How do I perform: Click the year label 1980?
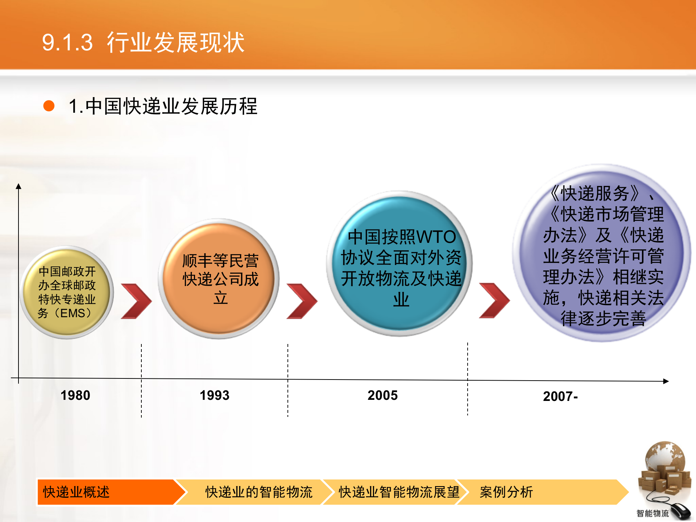75,395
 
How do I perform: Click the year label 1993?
215,395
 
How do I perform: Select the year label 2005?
382,395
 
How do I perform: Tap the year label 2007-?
560,396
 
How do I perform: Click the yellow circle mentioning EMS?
67,292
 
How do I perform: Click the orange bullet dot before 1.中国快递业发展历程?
49,106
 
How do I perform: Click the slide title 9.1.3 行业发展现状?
143,42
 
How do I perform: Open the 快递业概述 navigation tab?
105,492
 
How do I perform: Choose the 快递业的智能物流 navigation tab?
258,492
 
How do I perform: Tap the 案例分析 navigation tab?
506,492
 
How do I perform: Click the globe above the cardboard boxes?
664,457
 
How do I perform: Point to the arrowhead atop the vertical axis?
18,186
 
